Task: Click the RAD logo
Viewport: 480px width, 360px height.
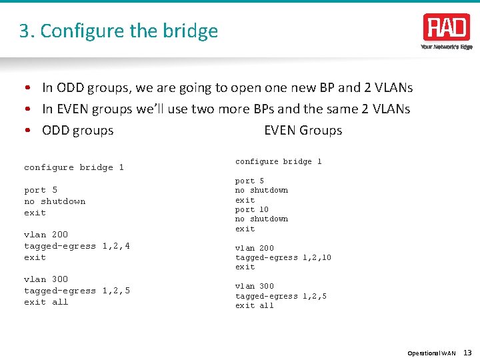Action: coord(446,27)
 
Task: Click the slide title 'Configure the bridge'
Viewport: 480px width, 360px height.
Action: coord(119,31)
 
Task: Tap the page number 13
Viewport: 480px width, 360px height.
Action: coord(467,353)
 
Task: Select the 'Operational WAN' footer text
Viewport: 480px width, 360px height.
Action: coord(431,353)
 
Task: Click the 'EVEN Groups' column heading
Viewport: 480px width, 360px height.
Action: coord(303,131)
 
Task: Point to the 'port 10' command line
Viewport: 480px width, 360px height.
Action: coord(252,209)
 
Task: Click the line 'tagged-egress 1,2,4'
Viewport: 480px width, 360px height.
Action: coord(77,246)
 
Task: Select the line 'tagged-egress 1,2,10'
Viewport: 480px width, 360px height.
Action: coord(283,257)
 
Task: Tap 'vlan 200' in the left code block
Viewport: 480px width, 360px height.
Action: coord(46,235)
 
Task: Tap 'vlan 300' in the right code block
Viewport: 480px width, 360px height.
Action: coord(255,286)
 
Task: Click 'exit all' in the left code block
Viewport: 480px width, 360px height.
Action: coord(46,302)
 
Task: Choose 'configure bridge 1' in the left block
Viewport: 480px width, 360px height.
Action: coord(74,167)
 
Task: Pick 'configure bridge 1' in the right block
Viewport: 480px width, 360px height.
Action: coord(279,161)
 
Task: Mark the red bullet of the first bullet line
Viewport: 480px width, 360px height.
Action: coord(29,88)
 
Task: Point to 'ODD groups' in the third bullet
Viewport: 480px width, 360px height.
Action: coord(77,131)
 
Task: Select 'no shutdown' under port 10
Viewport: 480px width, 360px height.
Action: coord(261,219)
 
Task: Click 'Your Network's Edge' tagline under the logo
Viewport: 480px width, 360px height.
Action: coord(446,47)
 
